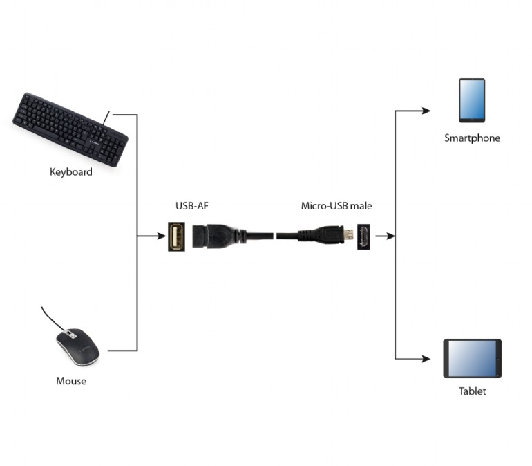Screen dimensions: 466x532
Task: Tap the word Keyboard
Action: point(70,171)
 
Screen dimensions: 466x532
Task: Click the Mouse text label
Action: point(71,381)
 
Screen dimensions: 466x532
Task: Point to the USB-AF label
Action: point(192,206)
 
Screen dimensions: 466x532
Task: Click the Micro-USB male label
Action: point(336,206)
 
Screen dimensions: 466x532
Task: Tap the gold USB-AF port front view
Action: point(175,236)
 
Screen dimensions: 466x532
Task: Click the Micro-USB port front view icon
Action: point(363,236)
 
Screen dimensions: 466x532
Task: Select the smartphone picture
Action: point(472,100)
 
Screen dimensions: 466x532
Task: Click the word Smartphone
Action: point(472,138)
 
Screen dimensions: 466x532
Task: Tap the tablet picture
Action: point(472,358)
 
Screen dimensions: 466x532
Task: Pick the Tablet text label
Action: point(472,391)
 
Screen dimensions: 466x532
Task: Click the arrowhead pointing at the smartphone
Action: point(426,110)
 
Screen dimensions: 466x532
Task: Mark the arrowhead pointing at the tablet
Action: point(426,359)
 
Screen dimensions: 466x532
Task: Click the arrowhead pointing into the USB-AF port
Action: point(161,236)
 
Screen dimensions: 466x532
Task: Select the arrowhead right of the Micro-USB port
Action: point(390,236)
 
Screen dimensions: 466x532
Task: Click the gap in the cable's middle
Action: point(273,236)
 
